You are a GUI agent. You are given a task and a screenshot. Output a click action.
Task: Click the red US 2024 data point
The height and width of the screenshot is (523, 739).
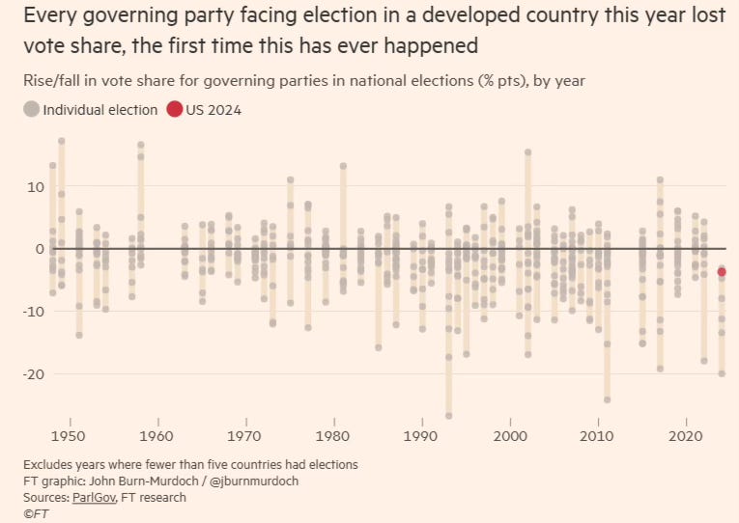tap(722, 272)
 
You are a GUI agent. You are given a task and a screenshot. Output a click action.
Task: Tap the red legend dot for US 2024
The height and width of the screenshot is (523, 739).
tap(174, 109)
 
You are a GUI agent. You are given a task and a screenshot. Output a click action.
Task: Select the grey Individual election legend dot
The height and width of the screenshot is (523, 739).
tap(32, 109)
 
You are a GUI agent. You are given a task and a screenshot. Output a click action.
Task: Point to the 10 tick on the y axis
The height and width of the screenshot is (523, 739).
tap(35, 186)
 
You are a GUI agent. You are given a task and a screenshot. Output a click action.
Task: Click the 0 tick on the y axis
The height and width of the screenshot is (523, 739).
tap(39, 249)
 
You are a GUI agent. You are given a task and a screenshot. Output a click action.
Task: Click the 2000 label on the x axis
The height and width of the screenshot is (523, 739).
tap(509, 435)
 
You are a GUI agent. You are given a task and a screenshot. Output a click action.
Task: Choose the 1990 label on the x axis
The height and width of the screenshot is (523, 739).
tap(421, 435)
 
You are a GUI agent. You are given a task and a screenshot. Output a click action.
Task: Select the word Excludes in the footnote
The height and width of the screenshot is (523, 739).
tap(50, 465)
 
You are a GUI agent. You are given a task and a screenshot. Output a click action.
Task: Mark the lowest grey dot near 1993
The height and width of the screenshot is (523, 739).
tap(448, 416)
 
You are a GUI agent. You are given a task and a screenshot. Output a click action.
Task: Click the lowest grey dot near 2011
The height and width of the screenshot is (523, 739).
tap(607, 399)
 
